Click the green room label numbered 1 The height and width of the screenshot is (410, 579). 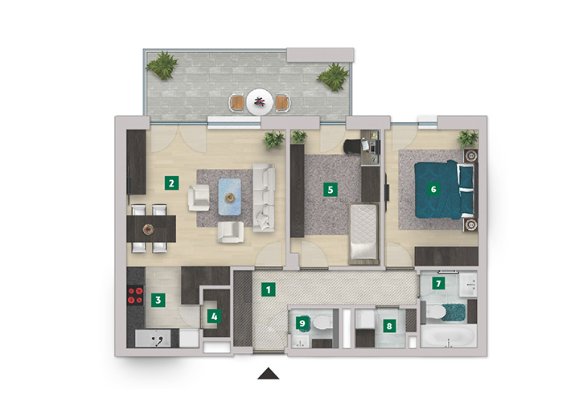tap(268, 289)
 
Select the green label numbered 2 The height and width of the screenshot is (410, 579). tap(171, 183)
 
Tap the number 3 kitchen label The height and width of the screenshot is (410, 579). tap(158, 300)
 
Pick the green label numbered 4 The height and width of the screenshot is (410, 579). tap(214, 316)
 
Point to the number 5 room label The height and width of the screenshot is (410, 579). tap(331, 190)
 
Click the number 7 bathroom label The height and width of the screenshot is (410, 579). tap(438, 284)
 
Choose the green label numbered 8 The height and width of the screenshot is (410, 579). tap(389, 326)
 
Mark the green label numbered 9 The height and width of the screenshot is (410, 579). tap(302, 324)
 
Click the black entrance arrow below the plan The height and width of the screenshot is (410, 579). tap(269, 374)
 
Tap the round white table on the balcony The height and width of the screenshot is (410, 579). tap(260, 102)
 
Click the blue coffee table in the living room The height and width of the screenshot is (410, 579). tap(230, 197)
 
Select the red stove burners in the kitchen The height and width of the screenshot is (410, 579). tap(135, 296)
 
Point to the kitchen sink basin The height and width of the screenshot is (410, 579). tap(153, 338)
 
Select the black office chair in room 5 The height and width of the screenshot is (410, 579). tap(352, 146)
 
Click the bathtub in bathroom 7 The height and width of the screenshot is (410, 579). tap(448, 336)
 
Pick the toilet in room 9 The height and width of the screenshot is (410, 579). tap(322, 323)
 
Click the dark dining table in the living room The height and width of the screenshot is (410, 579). tap(151, 229)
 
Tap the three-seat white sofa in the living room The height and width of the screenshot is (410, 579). tap(264, 198)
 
